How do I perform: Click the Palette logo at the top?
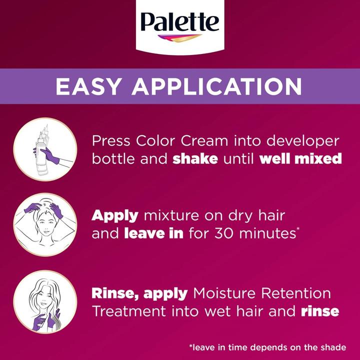(179, 23)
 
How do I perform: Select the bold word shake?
(196, 159)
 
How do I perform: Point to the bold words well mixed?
(301, 159)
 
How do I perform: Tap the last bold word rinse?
(320, 311)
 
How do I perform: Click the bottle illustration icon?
(45, 149)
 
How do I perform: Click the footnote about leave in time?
(267, 346)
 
